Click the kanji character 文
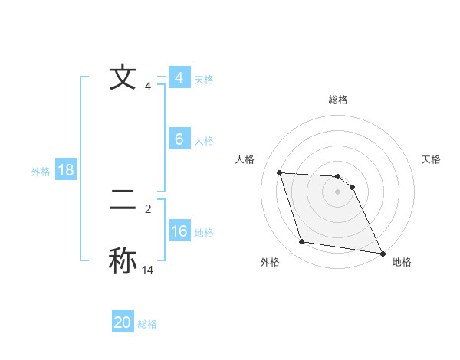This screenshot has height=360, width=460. (x=123, y=78)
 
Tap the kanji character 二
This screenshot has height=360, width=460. (x=123, y=201)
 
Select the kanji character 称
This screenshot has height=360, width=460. (x=123, y=260)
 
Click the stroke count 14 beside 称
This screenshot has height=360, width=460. (x=148, y=270)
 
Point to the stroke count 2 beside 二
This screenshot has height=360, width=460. (x=148, y=208)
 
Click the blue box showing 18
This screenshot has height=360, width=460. (x=66, y=170)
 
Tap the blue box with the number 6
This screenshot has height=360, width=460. (x=179, y=139)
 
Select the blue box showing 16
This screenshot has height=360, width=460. (x=179, y=231)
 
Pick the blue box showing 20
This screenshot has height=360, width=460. (x=123, y=322)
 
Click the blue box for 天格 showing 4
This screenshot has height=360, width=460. (x=179, y=78)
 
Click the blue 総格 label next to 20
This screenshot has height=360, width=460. (x=147, y=324)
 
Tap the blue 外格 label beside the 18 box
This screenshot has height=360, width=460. (x=41, y=172)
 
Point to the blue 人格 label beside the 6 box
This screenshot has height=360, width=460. (x=204, y=141)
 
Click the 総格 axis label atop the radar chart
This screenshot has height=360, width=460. (x=338, y=100)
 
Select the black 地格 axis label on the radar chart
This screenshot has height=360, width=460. (x=402, y=262)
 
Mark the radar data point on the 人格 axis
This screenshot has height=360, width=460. (x=279, y=172)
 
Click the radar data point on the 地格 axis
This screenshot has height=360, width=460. (x=382, y=253)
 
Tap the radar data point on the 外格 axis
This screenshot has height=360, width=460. (x=302, y=242)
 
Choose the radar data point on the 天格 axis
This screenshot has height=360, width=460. (x=352, y=187)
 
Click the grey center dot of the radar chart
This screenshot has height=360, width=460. (x=338, y=191)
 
